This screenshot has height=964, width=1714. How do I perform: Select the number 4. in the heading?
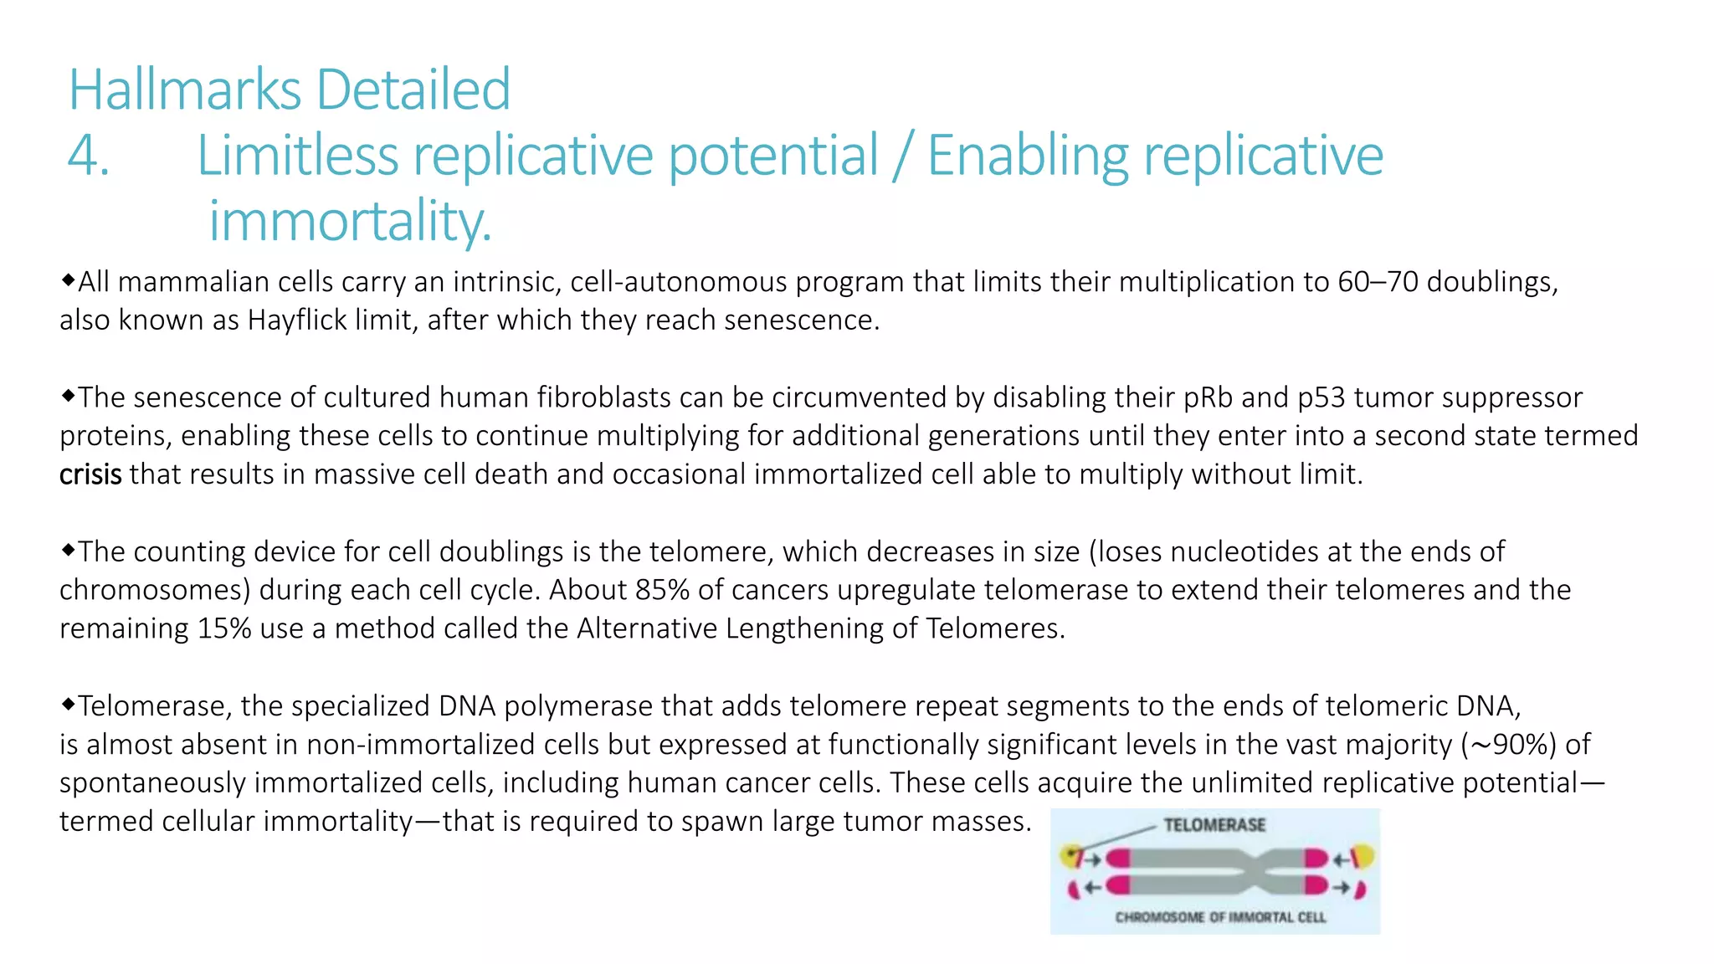point(88,156)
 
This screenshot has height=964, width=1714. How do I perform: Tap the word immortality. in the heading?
point(350,222)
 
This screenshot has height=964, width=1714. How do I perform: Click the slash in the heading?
point(901,156)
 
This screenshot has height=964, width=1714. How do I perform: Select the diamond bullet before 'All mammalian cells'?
point(68,279)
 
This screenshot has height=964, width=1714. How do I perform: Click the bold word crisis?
point(90,474)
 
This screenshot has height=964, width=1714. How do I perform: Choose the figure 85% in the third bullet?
point(662,590)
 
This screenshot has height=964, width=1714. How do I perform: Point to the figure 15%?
point(224,628)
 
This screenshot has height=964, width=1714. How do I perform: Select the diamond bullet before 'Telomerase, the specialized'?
point(68,704)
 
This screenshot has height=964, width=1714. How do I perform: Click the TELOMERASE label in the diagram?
point(1214,825)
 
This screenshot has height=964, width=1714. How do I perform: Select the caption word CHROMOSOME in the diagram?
point(1159,917)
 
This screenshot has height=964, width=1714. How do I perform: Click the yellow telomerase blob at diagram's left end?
point(1070,856)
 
